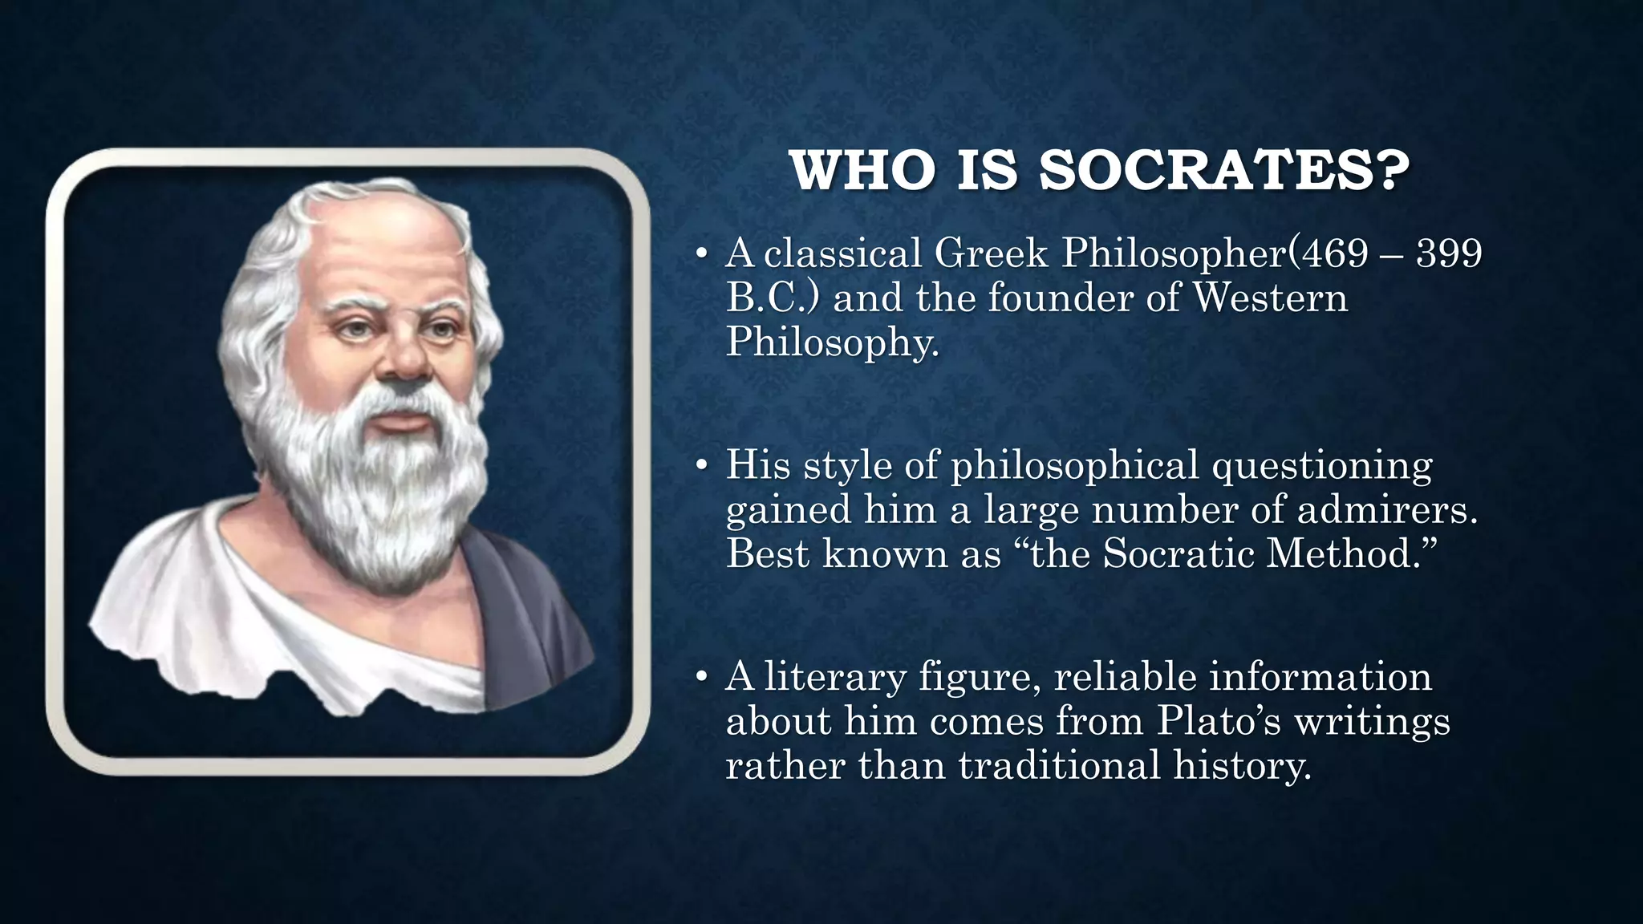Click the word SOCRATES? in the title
(x=1224, y=170)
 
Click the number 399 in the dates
(x=1449, y=253)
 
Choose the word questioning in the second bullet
(x=1321, y=466)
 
